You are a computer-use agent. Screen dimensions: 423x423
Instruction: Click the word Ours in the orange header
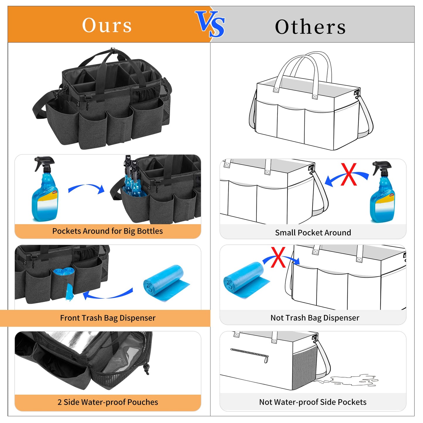pos(107,25)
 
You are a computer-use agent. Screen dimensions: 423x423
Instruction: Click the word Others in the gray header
pos(310,27)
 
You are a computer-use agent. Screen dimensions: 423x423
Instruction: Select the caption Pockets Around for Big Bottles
pos(107,231)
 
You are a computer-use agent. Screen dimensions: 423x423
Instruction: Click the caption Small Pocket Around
pos(313,232)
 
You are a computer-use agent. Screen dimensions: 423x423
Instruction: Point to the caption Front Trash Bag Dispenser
pos(108,318)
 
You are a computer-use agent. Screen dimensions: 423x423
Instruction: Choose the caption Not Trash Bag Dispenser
pos(315,318)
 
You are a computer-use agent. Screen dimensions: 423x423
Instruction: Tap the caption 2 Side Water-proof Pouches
pos(108,402)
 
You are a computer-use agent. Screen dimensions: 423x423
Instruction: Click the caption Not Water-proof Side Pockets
pos(313,402)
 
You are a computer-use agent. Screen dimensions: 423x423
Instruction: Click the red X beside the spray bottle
pos(349,174)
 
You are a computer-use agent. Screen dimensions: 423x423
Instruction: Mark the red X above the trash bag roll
pos(278,257)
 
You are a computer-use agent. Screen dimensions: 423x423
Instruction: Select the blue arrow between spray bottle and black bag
pos(87,188)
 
